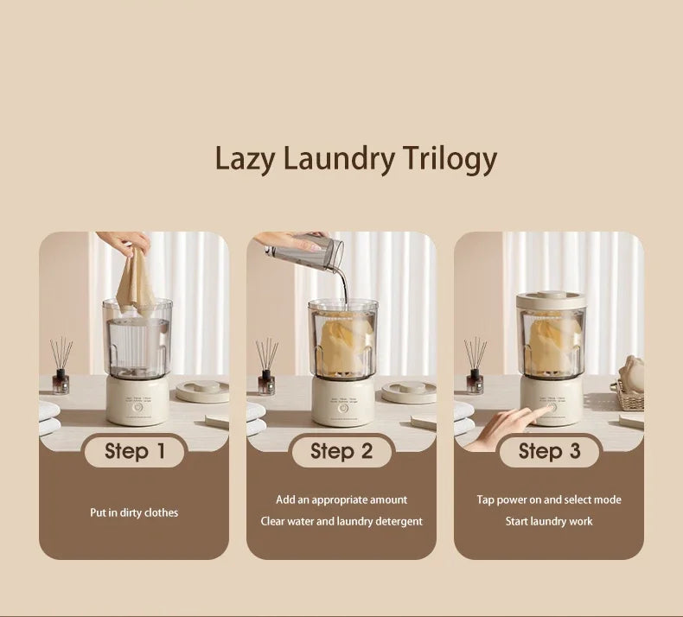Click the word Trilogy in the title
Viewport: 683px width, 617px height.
[x=450, y=159]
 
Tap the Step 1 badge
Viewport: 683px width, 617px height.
[x=134, y=450]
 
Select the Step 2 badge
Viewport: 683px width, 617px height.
[x=341, y=450]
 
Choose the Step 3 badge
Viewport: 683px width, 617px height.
[x=548, y=450]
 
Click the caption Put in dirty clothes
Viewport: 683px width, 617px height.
[x=134, y=512]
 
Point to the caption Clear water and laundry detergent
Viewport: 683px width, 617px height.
[x=341, y=521]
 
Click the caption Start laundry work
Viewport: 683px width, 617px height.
[x=548, y=521]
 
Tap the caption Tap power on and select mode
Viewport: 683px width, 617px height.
[x=548, y=499]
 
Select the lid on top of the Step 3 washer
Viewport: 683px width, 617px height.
[x=551, y=300]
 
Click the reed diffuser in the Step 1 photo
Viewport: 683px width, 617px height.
[x=61, y=367]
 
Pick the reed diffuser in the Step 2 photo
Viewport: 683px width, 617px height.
[x=266, y=367]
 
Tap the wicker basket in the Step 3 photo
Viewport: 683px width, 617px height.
[x=629, y=397]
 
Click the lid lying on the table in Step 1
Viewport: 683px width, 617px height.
[x=201, y=390]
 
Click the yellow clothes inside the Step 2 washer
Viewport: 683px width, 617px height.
[x=344, y=344]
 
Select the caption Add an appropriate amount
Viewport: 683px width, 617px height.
[x=341, y=499]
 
